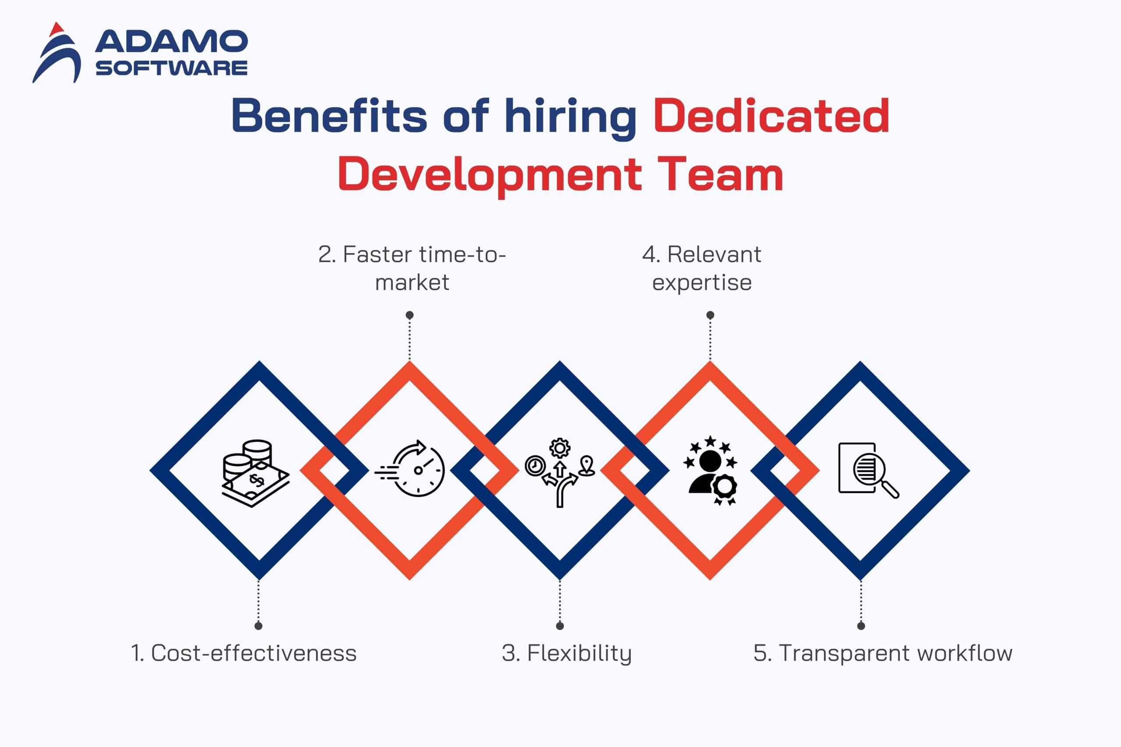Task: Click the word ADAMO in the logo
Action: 172,42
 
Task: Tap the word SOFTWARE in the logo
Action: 172,68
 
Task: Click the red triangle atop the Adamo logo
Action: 56,29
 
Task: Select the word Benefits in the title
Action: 329,116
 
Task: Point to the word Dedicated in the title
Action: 771,115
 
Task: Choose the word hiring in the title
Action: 570,119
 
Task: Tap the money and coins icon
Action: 256,473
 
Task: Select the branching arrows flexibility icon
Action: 560,472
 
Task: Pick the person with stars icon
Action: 710,470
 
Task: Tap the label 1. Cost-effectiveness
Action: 244,653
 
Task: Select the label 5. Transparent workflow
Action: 883,654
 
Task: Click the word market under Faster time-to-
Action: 412,282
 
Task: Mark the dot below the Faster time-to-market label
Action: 410,315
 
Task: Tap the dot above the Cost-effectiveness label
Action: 258,626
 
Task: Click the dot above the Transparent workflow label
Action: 861,626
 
